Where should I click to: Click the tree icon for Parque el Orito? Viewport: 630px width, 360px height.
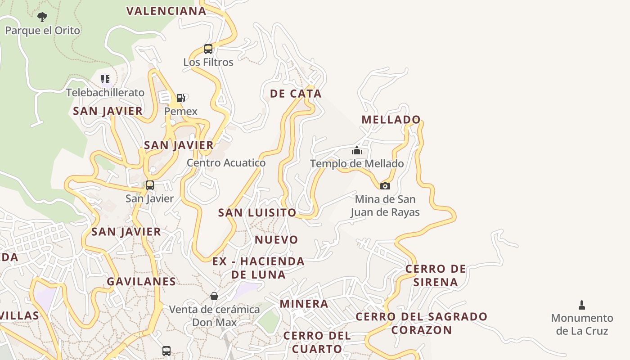point(42,18)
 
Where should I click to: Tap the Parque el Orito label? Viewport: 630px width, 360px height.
point(42,31)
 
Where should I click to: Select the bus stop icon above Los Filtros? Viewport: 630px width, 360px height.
point(208,49)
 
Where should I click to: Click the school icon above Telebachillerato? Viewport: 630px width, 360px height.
point(105,80)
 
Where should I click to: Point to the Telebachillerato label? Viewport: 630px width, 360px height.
point(105,93)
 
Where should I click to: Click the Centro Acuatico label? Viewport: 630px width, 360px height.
point(226,163)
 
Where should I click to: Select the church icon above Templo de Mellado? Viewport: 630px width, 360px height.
point(357,150)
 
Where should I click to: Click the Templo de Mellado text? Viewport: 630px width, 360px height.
point(357,164)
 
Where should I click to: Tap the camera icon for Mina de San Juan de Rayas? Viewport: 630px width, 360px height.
point(385,186)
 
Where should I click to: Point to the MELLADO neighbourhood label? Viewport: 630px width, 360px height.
point(391,120)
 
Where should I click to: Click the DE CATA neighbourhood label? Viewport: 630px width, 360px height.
point(296,94)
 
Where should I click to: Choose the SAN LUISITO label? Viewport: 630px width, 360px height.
point(257,213)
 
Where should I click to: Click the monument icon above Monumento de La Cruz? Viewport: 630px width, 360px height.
point(582,305)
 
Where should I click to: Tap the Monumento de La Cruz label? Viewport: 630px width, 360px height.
point(582,324)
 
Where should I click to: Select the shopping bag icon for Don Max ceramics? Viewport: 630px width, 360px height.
point(214,296)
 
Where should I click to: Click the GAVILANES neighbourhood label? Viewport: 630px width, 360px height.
point(141,282)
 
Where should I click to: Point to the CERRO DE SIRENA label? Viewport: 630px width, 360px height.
point(436,275)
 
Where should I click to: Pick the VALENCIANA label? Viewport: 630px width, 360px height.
point(166,11)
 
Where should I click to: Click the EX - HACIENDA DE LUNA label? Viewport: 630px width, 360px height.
point(258,268)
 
